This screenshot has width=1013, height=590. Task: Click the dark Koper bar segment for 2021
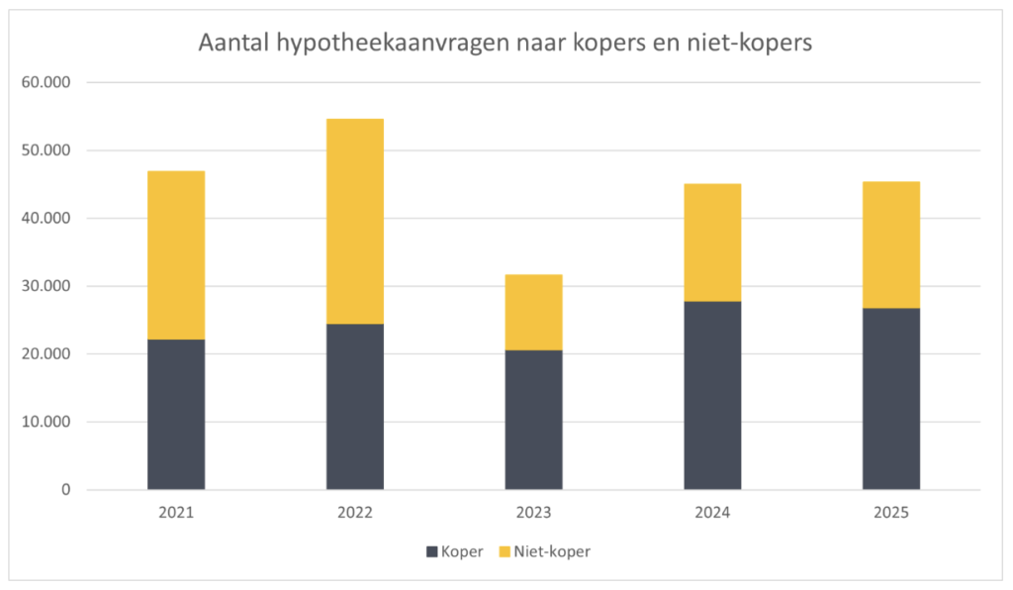[x=176, y=414]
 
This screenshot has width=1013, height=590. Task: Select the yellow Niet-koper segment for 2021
[x=176, y=255]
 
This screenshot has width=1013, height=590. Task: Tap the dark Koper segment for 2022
[x=355, y=406]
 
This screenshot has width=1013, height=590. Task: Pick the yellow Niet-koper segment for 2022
[x=355, y=221]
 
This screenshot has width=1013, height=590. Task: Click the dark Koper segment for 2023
[x=534, y=420]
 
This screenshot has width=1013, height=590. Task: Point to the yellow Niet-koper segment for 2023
[x=534, y=312]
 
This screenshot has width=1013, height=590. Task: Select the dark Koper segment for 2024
[x=712, y=395]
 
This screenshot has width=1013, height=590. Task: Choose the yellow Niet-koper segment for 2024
[x=712, y=243]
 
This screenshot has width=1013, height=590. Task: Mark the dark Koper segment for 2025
[x=891, y=398]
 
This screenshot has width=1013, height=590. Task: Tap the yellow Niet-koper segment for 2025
[x=891, y=245]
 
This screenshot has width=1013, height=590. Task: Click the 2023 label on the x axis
[x=534, y=513]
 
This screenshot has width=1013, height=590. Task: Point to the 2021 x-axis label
[x=176, y=513]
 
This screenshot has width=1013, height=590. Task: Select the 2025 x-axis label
[x=891, y=513]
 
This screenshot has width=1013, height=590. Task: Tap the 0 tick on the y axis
[x=66, y=490]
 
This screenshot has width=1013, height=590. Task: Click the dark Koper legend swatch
[x=431, y=552]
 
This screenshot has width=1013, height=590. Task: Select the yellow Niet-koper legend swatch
[x=505, y=552]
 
